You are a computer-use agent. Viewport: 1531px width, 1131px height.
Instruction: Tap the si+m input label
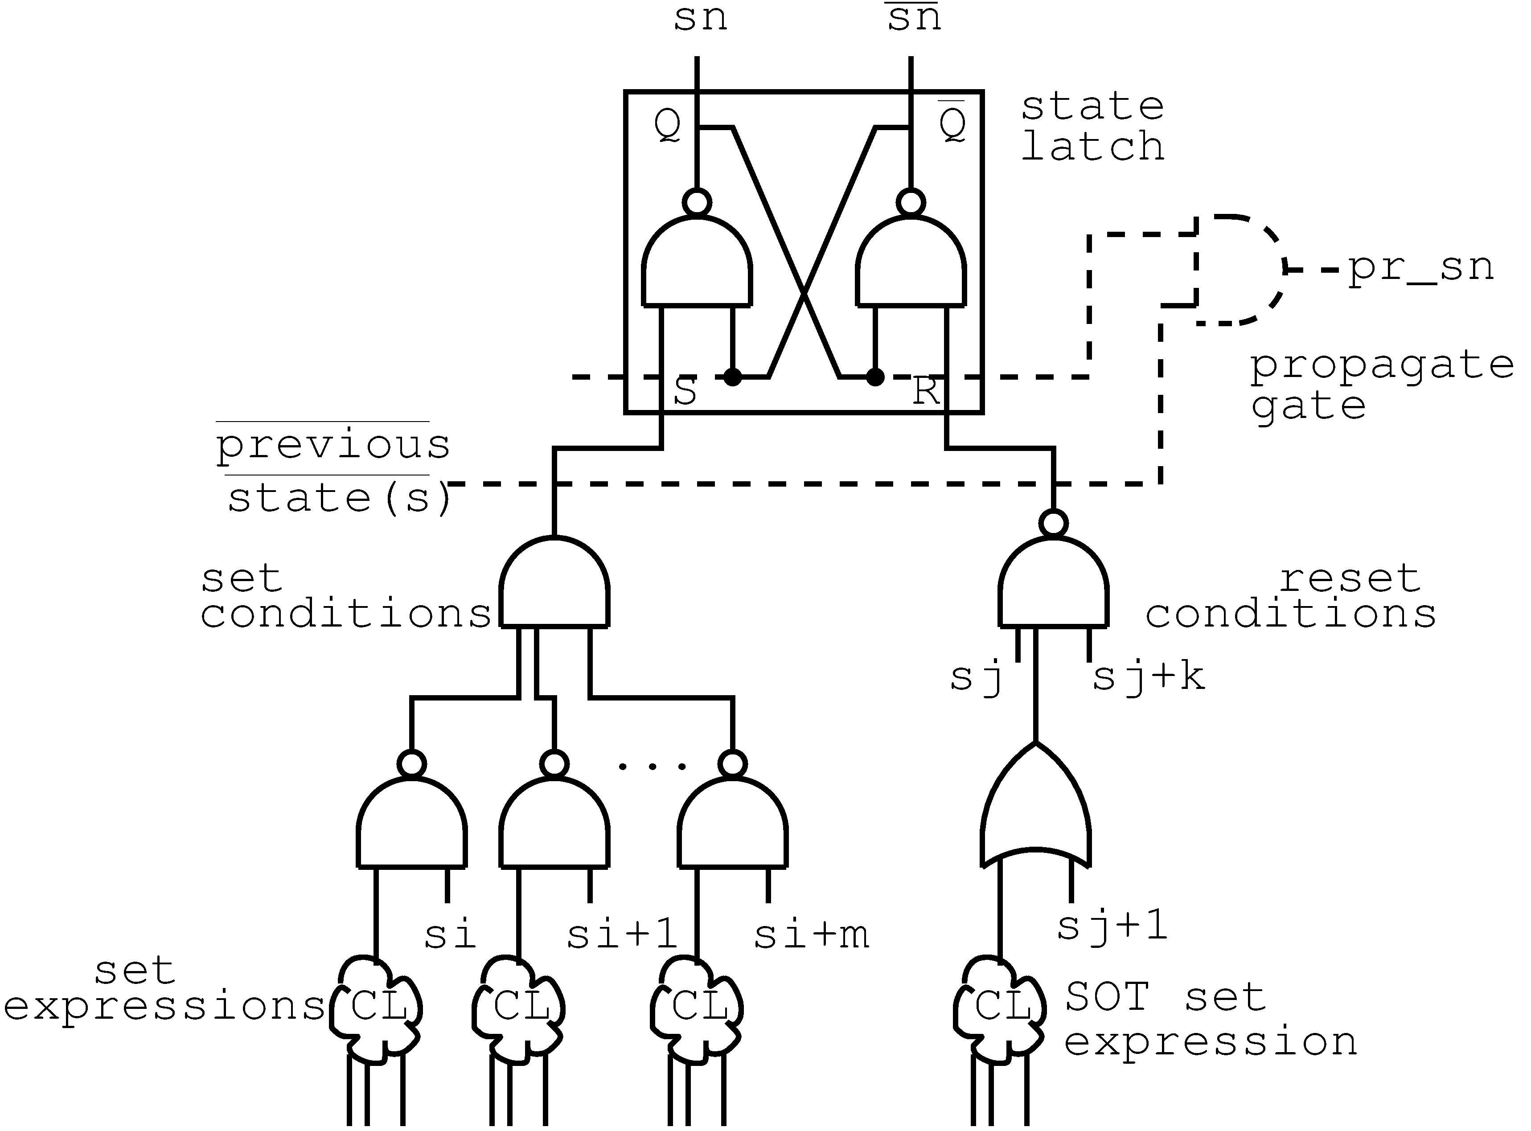coord(811,934)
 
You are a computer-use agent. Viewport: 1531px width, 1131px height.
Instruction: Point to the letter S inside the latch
coord(685,392)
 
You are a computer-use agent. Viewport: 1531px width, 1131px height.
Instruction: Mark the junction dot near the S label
coord(733,377)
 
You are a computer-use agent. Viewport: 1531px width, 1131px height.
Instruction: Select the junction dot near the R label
coord(875,377)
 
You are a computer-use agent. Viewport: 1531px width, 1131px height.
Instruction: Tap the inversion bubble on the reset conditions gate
coord(1053,524)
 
